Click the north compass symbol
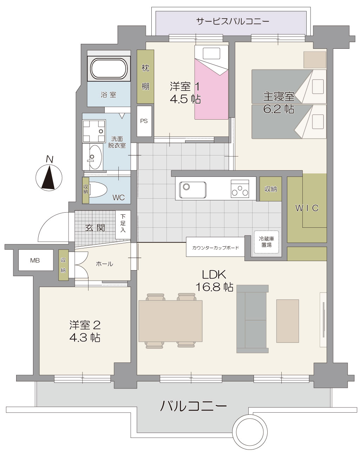[x=49, y=177]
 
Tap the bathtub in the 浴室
[x=109, y=68]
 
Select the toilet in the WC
[x=98, y=189]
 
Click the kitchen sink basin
[x=193, y=190]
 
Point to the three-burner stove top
[x=240, y=189]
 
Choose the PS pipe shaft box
[x=144, y=121]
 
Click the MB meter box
[x=35, y=260]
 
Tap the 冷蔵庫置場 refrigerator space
[x=267, y=242]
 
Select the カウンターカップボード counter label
[x=215, y=248]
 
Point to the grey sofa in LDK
[x=253, y=319]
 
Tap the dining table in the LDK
[x=170, y=321]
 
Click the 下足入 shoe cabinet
[x=123, y=225]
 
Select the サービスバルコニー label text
[x=233, y=21]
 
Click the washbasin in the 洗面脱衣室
[x=95, y=157]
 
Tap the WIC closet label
[x=307, y=208]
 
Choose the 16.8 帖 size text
[x=214, y=287]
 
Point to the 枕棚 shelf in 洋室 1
[x=145, y=76]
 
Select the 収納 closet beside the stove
[x=271, y=189]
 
